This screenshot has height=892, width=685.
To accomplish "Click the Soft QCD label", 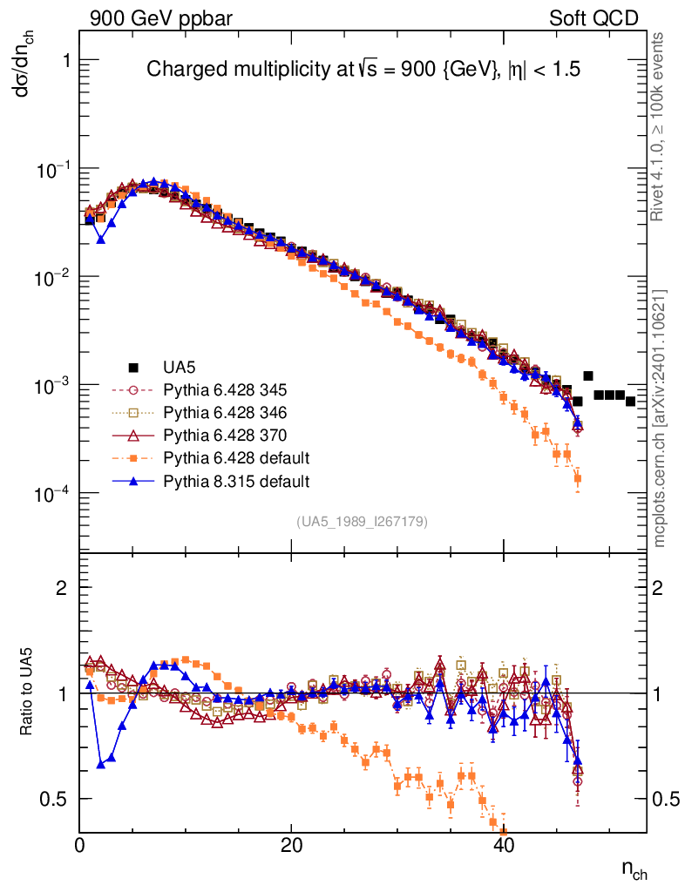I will [x=593, y=18].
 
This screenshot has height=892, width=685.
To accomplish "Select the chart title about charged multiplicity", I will [x=363, y=70].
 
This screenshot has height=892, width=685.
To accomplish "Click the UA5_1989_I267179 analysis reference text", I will [x=362, y=522].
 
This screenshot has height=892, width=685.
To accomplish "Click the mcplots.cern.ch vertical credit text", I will [x=660, y=419].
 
